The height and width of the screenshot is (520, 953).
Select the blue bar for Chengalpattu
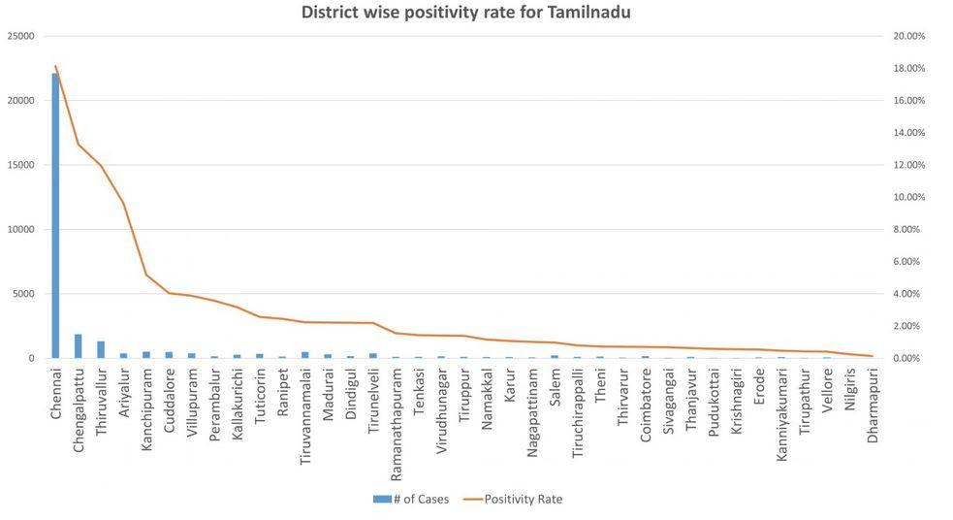tap(78, 346)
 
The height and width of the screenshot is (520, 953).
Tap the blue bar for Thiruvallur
tap(101, 349)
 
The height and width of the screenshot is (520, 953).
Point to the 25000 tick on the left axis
tap(20, 36)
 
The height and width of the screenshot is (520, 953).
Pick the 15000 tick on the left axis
tap(20, 165)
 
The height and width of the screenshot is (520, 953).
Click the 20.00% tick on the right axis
tap(908, 36)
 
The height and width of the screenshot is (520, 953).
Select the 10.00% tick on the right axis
tap(908, 197)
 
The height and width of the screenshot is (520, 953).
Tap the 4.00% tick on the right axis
tap(908, 294)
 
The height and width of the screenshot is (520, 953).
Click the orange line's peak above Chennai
tap(55, 66)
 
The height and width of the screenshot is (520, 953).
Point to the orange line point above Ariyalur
tap(123, 203)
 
